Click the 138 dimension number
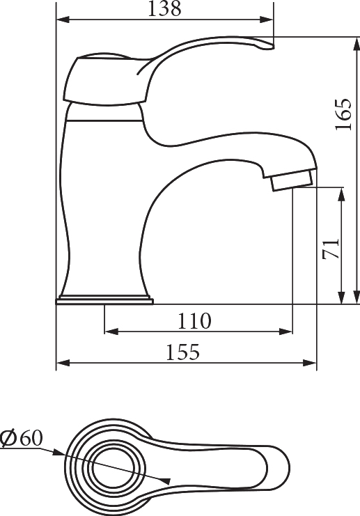click(x=164, y=8)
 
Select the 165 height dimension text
click(x=343, y=114)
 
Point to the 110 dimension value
click(x=194, y=321)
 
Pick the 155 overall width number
click(x=182, y=352)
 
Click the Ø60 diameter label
click(x=22, y=438)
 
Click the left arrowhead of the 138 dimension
click(x=63, y=19)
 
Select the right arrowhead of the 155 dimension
click(x=309, y=363)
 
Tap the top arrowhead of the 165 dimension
click(x=356, y=44)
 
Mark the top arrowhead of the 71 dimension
click(x=342, y=194)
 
